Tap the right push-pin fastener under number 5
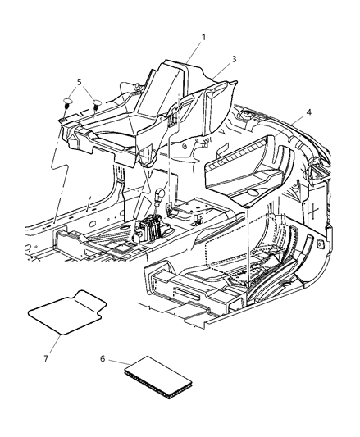[97, 105]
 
